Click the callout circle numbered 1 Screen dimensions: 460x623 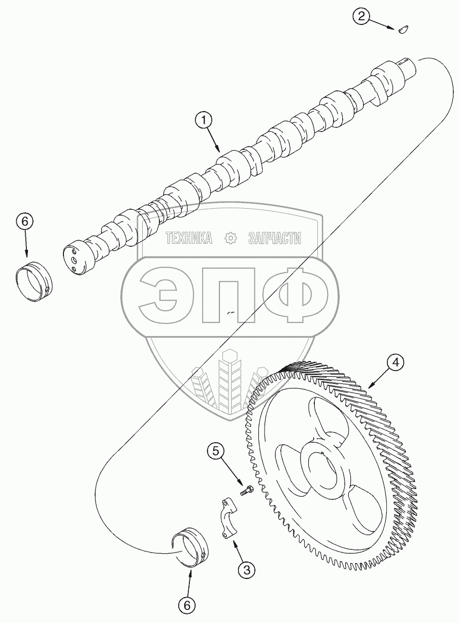(x=204, y=120)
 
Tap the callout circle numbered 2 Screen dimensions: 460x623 (x=361, y=16)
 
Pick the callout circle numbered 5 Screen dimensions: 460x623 (x=216, y=450)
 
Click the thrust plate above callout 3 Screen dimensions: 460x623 (x=227, y=518)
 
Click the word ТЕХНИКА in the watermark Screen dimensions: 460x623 (x=188, y=237)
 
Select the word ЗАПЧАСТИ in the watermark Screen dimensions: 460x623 (x=275, y=237)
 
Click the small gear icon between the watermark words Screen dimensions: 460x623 (x=231, y=238)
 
